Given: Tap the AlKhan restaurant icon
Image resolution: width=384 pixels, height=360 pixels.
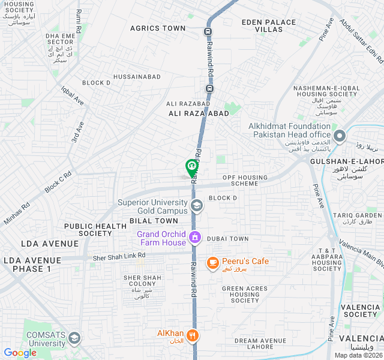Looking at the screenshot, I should click(x=192, y=335).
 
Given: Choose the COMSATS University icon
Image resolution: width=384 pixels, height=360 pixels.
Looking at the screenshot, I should click(x=74, y=338).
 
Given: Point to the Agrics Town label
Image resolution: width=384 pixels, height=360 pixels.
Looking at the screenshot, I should click(x=158, y=28).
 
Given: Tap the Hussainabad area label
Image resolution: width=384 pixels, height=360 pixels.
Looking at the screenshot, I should click(x=137, y=77).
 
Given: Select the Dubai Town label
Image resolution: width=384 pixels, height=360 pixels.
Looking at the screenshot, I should click(x=227, y=239).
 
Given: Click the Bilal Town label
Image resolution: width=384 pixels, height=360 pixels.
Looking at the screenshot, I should click(x=154, y=221).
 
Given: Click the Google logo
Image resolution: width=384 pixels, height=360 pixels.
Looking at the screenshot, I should click(x=20, y=353).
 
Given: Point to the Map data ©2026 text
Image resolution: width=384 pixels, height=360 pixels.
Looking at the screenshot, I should click(x=357, y=355).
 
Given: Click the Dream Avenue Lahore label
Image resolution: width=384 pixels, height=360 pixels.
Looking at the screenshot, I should click(x=262, y=343).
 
